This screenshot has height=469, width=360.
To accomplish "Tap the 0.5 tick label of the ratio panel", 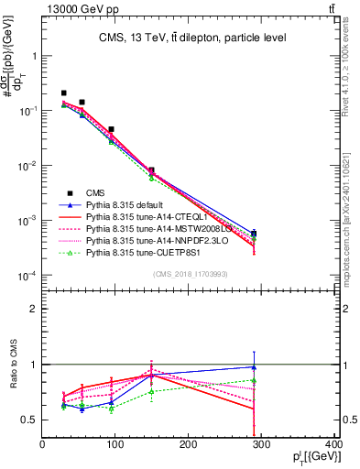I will (x=29, y=420).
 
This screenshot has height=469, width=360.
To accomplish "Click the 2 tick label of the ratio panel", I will (x=33, y=309).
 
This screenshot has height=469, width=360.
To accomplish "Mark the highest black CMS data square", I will (x=63, y=93).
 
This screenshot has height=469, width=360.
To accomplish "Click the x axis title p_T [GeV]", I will (x=317, y=457).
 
